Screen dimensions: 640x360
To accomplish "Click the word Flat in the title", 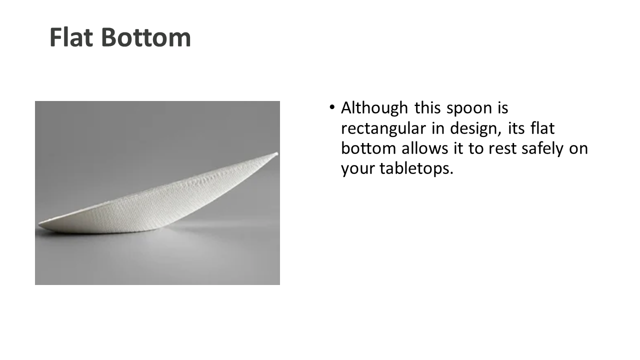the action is pyautogui.click(x=71, y=37).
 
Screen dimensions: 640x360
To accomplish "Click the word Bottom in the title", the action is pyautogui.click(x=146, y=37).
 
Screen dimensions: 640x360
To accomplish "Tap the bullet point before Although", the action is pyautogui.click(x=331, y=107).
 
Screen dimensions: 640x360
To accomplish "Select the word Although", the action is pyautogui.click(x=374, y=108).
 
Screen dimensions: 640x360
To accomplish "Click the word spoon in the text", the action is pyautogui.click(x=469, y=109).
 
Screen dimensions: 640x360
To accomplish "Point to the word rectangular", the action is pyautogui.click(x=383, y=129).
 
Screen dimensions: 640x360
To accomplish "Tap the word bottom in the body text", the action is pyautogui.click(x=368, y=148).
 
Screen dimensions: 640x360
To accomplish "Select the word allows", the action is pyautogui.click(x=425, y=148).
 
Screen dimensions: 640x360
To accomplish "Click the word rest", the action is pyautogui.click(x=502, y=149).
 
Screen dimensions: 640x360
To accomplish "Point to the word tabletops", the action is pyautogui.click(x=416, y=168).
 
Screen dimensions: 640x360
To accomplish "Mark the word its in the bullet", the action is pyautogui.click(x=516, y=128).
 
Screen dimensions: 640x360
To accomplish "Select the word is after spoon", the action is pyautogui.click(x=503, y=108).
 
